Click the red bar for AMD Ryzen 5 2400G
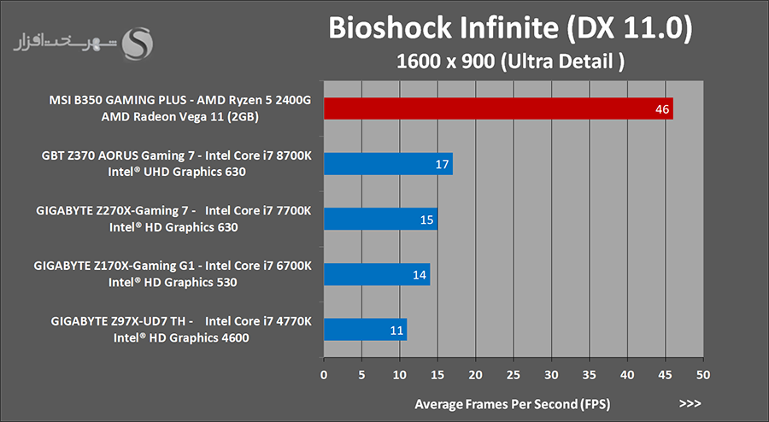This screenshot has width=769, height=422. coord(498,108)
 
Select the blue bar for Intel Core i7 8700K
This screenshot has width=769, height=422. coord(388,164)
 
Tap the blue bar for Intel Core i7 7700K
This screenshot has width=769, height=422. coord(380,220)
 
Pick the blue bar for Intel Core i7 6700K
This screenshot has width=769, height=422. coord(376,274)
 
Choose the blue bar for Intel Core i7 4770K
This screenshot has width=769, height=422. coord(365,329)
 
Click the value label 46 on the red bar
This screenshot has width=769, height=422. coord(661,109)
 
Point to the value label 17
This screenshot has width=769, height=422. coord(442,164)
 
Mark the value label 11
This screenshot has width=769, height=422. coord(396,329)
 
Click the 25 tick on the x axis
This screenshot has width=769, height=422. coord(514,375)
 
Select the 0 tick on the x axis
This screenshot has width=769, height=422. coord(324,375)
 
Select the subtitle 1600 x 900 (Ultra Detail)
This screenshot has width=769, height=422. coord(510,62)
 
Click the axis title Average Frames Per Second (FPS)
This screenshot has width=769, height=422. coord(513,402)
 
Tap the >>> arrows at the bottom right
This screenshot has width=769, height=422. coord(690,402)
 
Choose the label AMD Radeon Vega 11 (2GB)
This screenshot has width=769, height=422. coord(179,116)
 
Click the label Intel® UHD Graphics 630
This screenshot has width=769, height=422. coord(178,172)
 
